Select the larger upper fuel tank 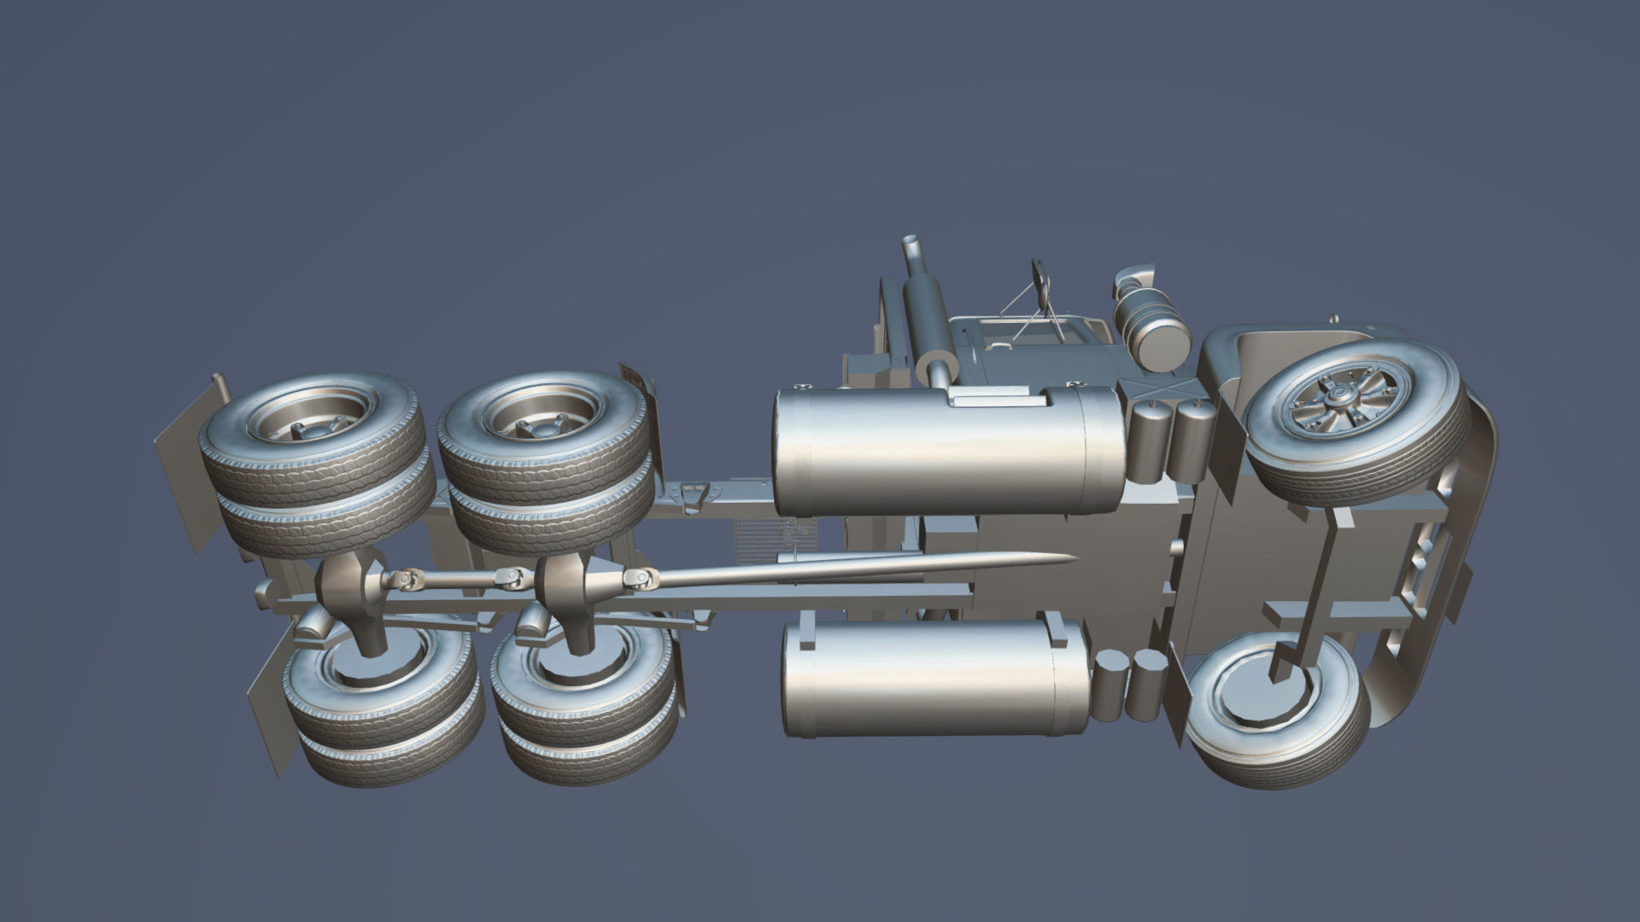[x=948, y=452]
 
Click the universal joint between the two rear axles [x=512, y=581]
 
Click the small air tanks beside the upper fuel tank [x=1170, y=440]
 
